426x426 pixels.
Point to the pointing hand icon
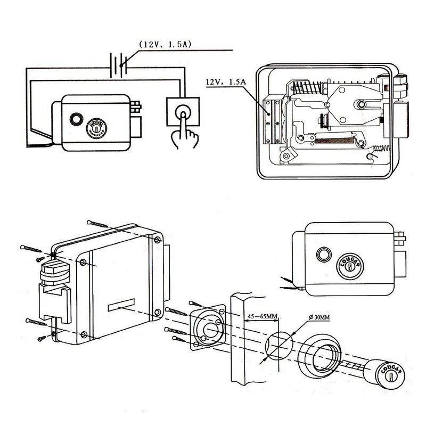pos(183,136)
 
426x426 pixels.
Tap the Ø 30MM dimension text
pos(319,318)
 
